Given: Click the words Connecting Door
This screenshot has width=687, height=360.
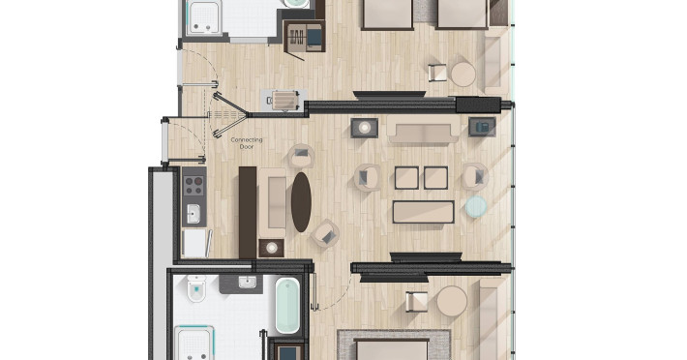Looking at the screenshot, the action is [246, 143].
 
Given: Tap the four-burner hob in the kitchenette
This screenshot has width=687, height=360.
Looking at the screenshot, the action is [194, 185].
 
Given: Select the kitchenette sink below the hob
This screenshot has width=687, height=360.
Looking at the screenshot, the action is [194, 214].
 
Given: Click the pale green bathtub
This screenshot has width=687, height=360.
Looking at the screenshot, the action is [287, 305].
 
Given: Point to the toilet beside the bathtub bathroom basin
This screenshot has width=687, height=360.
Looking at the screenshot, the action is [196, 289].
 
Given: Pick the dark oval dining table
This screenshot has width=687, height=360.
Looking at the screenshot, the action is [302, 202].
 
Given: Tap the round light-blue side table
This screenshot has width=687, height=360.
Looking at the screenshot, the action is [476, 207].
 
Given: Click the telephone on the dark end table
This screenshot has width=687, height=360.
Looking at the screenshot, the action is [483, 127].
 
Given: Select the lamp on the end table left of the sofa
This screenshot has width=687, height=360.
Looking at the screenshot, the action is [364, 128].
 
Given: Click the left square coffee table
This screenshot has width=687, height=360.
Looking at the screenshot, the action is [406, 178].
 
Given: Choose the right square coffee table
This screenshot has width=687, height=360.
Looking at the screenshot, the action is [436, 178].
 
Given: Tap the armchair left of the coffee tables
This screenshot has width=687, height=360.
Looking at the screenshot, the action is [367, 177].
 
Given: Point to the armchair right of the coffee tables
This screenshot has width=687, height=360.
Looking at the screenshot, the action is [475, 176].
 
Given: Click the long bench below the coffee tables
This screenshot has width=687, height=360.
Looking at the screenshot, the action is [423, 212].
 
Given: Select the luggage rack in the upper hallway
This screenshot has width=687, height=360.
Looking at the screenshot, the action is [284, 100].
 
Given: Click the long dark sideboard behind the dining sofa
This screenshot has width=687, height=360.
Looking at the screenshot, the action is [248, 212].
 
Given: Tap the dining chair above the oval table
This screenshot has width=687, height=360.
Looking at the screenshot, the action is [302, 156].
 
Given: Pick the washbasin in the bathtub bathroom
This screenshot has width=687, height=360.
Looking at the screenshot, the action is [247, 283].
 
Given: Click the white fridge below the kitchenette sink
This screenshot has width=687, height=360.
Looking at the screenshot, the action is [195, 243].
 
